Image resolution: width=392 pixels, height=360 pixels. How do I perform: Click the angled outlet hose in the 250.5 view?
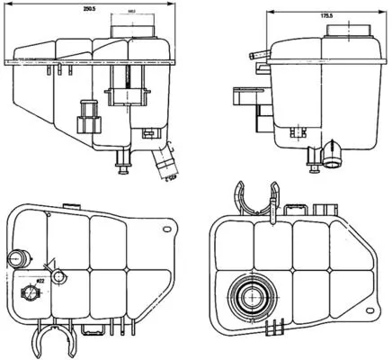164,162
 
